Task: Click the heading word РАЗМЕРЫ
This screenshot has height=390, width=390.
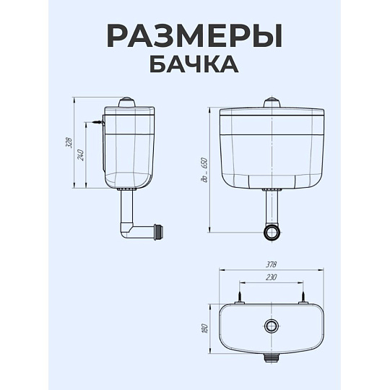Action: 195,36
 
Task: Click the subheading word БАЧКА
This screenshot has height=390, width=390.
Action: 194,64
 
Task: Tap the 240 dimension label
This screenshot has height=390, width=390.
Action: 81,155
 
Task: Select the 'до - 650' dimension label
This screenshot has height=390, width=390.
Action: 204,170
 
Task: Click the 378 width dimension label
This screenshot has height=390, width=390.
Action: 271,264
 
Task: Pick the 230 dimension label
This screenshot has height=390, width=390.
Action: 271,277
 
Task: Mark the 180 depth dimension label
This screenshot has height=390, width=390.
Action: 204,329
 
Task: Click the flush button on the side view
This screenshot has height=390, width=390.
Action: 127,103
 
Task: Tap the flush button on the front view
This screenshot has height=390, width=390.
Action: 272,103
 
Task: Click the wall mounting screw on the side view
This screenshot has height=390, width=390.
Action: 97,122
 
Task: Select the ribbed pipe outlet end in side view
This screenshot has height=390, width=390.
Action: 159,230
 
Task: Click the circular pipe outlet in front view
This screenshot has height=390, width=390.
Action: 272,232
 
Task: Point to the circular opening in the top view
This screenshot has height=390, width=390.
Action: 272,326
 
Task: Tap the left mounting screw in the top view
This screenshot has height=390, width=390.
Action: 239,297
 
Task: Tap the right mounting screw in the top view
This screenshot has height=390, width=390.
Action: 303,297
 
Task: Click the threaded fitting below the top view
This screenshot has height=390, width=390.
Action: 272,358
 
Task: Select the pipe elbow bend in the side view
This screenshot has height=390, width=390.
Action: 126,231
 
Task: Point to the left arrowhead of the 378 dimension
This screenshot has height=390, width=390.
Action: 220,269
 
